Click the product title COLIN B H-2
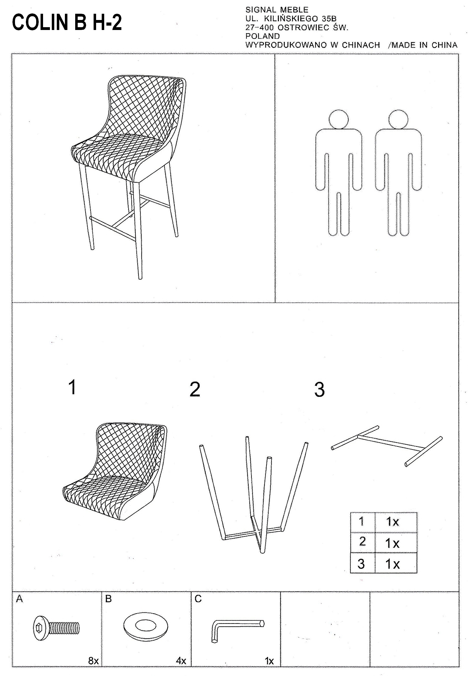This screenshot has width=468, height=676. pos(67,22)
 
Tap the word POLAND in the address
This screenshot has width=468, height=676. pos(263,36)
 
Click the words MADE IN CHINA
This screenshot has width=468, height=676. pos(424,45)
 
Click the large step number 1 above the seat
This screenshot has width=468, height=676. pos(72,387)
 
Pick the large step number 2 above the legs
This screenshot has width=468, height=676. pos(195,389)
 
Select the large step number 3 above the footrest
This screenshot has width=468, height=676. pos(319,390)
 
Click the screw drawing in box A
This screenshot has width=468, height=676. pos(56,628)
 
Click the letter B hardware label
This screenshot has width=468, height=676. pos(108,599)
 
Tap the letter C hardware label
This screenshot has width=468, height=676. pos(198,599)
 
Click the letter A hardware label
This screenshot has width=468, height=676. pos(19,599)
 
